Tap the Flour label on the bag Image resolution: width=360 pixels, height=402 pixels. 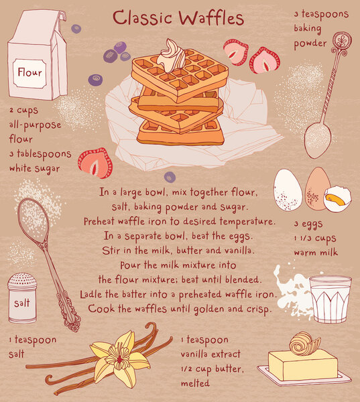[x=29, y=72]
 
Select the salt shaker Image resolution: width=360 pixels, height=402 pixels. [x=22, y=298]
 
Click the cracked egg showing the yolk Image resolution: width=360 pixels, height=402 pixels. [x=337, y=198]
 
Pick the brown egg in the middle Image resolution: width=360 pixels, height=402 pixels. [x=316, y=189]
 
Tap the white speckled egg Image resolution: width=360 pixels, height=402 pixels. [x=288, y=190]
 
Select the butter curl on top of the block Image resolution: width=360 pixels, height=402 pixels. [x=300, y=343]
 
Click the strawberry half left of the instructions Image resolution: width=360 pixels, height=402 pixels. [x=95, y=163]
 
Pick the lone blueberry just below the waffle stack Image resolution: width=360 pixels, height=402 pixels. [x=170, y=177]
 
